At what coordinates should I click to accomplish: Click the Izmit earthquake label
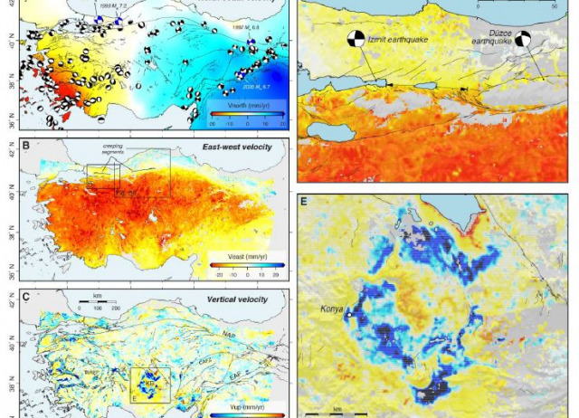[398, 42]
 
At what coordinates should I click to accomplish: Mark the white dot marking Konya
[346, 315]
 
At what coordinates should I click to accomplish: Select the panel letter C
[25, 298]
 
